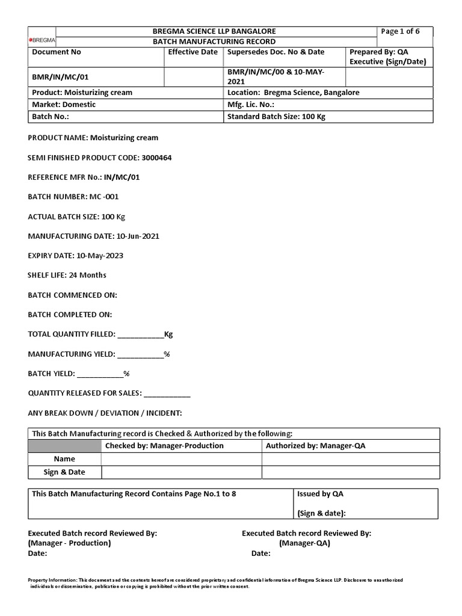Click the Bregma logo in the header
coord(42,40)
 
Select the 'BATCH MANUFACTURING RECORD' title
coord(215,42)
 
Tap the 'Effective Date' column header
coord(192,52)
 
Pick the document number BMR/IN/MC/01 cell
coord(60,77)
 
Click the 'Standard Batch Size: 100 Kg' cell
coord(276,117)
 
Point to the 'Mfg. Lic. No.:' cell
coord(251,104)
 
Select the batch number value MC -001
coord(108,197)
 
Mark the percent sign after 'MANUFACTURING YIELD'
coord(167,354)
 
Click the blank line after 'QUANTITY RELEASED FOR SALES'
coord(167,394)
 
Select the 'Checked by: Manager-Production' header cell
coord(164,446)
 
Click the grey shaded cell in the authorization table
coord(64,446)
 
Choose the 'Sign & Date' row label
coord(64,472)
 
